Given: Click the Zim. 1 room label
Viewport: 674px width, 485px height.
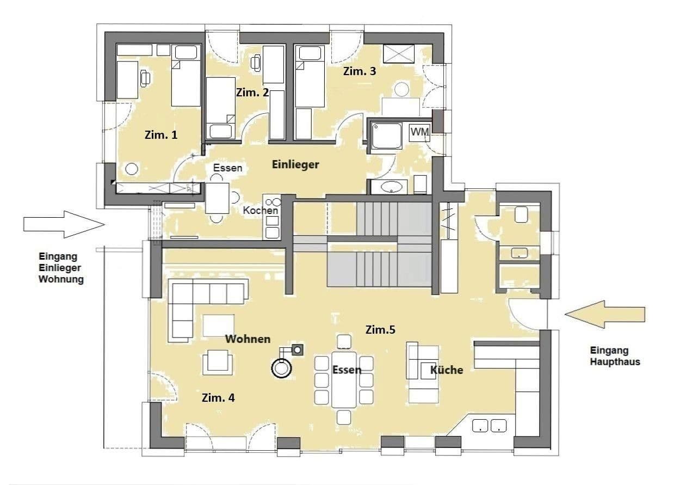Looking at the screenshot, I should coord(160,134).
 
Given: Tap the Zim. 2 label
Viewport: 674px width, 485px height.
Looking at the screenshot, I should coord(252,93).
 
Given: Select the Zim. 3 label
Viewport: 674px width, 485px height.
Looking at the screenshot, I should coord(359,71).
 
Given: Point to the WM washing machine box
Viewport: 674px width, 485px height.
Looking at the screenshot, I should coord(419,132).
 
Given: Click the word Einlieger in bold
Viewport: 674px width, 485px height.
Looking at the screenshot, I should coord(295,164).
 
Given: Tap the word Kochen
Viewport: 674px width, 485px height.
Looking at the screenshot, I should coord(261,210).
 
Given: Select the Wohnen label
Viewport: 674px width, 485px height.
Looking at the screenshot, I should coord(248,339).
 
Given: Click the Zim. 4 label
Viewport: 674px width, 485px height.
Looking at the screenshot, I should coord(218,398).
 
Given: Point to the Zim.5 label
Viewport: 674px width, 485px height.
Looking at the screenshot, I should coord(380,329).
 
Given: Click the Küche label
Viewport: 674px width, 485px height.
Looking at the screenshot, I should coord(447,370).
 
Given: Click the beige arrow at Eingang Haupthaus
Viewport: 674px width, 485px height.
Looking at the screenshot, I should coord(604,314).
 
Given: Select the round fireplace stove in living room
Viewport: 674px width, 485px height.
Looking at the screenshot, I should coord(281,369).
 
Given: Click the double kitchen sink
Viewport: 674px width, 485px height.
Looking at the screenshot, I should coord(490,426).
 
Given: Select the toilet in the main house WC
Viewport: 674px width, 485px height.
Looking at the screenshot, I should coord(521,214).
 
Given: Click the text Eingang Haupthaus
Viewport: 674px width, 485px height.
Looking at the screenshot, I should coord(615,356).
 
